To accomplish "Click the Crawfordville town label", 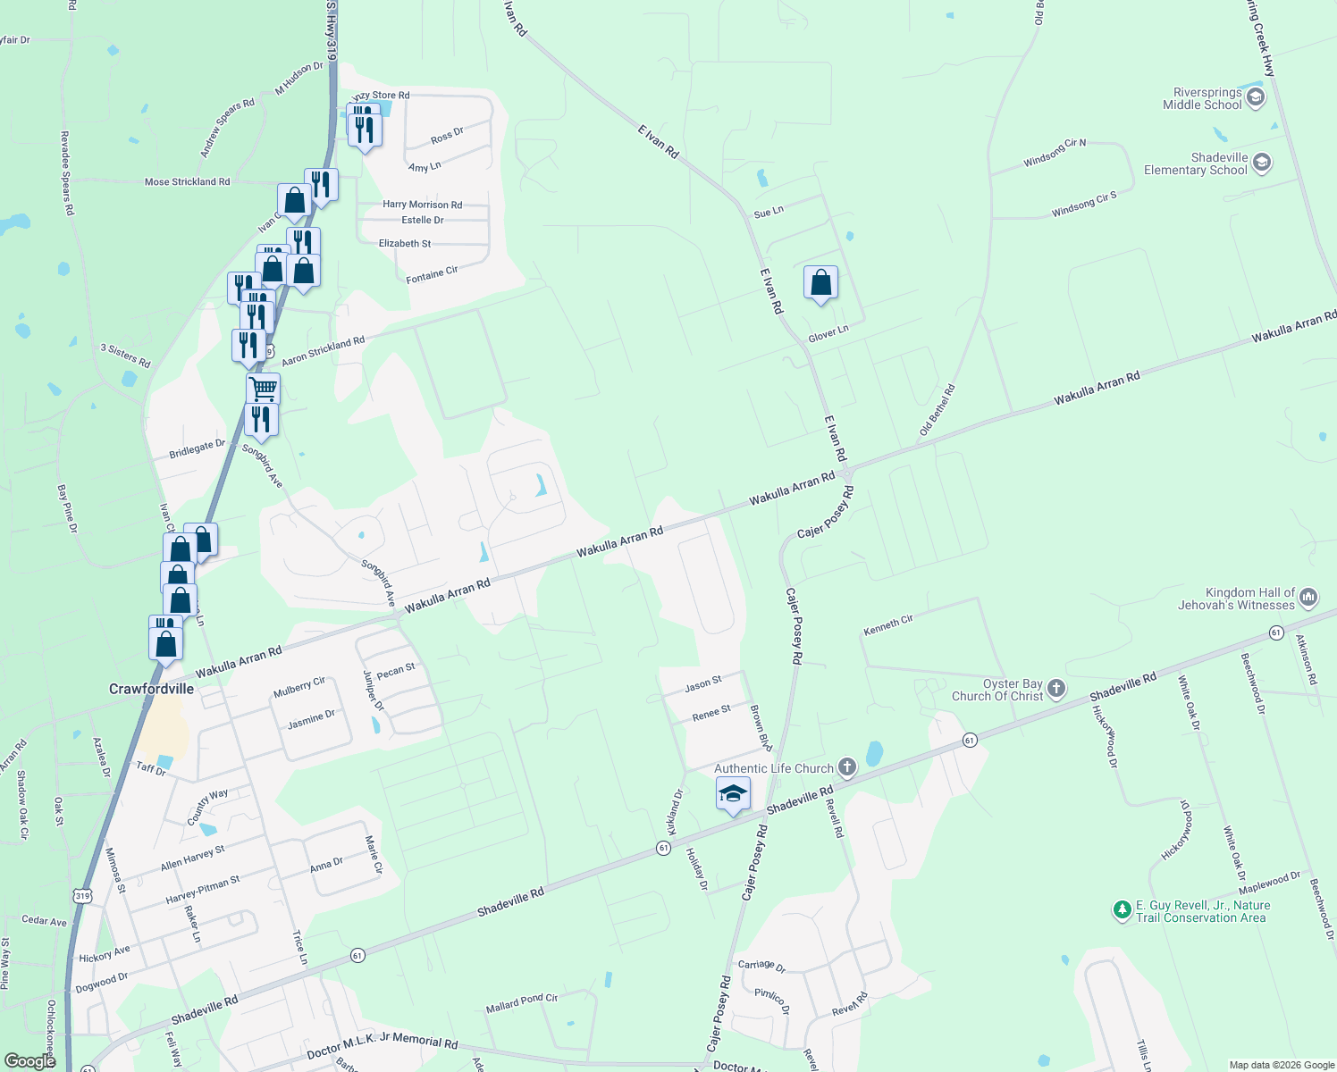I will [151, 689].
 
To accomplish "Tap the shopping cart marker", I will [263, 389].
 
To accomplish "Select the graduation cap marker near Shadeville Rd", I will [733, 793].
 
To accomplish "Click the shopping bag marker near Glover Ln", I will [820, 283].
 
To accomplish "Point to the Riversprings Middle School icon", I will [1256, 97].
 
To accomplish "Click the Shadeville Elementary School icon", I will [1262, 163].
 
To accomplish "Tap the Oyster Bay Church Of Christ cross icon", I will [1056, 688].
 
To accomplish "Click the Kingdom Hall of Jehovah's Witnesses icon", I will [1308, 597].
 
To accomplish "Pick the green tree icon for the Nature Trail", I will [1123, 910].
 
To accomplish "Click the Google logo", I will [29, 1060].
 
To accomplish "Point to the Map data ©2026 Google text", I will [1281, 1065].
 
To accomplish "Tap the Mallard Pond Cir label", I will [521, 1003].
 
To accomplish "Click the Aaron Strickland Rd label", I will [323, 351].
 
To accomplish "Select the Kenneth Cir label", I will [887, 625].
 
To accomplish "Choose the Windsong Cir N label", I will [1055, 153].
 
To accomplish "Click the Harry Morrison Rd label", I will [422, 205].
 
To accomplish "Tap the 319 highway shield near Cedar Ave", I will [82, 895].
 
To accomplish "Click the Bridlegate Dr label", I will [197, 449].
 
